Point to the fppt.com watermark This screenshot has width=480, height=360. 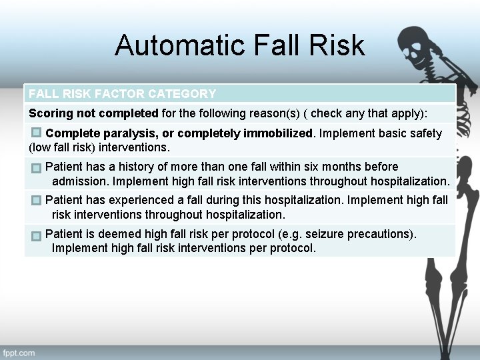[x=19, y=352]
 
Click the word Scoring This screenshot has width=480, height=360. [x=49, y=113]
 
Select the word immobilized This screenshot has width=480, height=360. [x=278, y=133]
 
